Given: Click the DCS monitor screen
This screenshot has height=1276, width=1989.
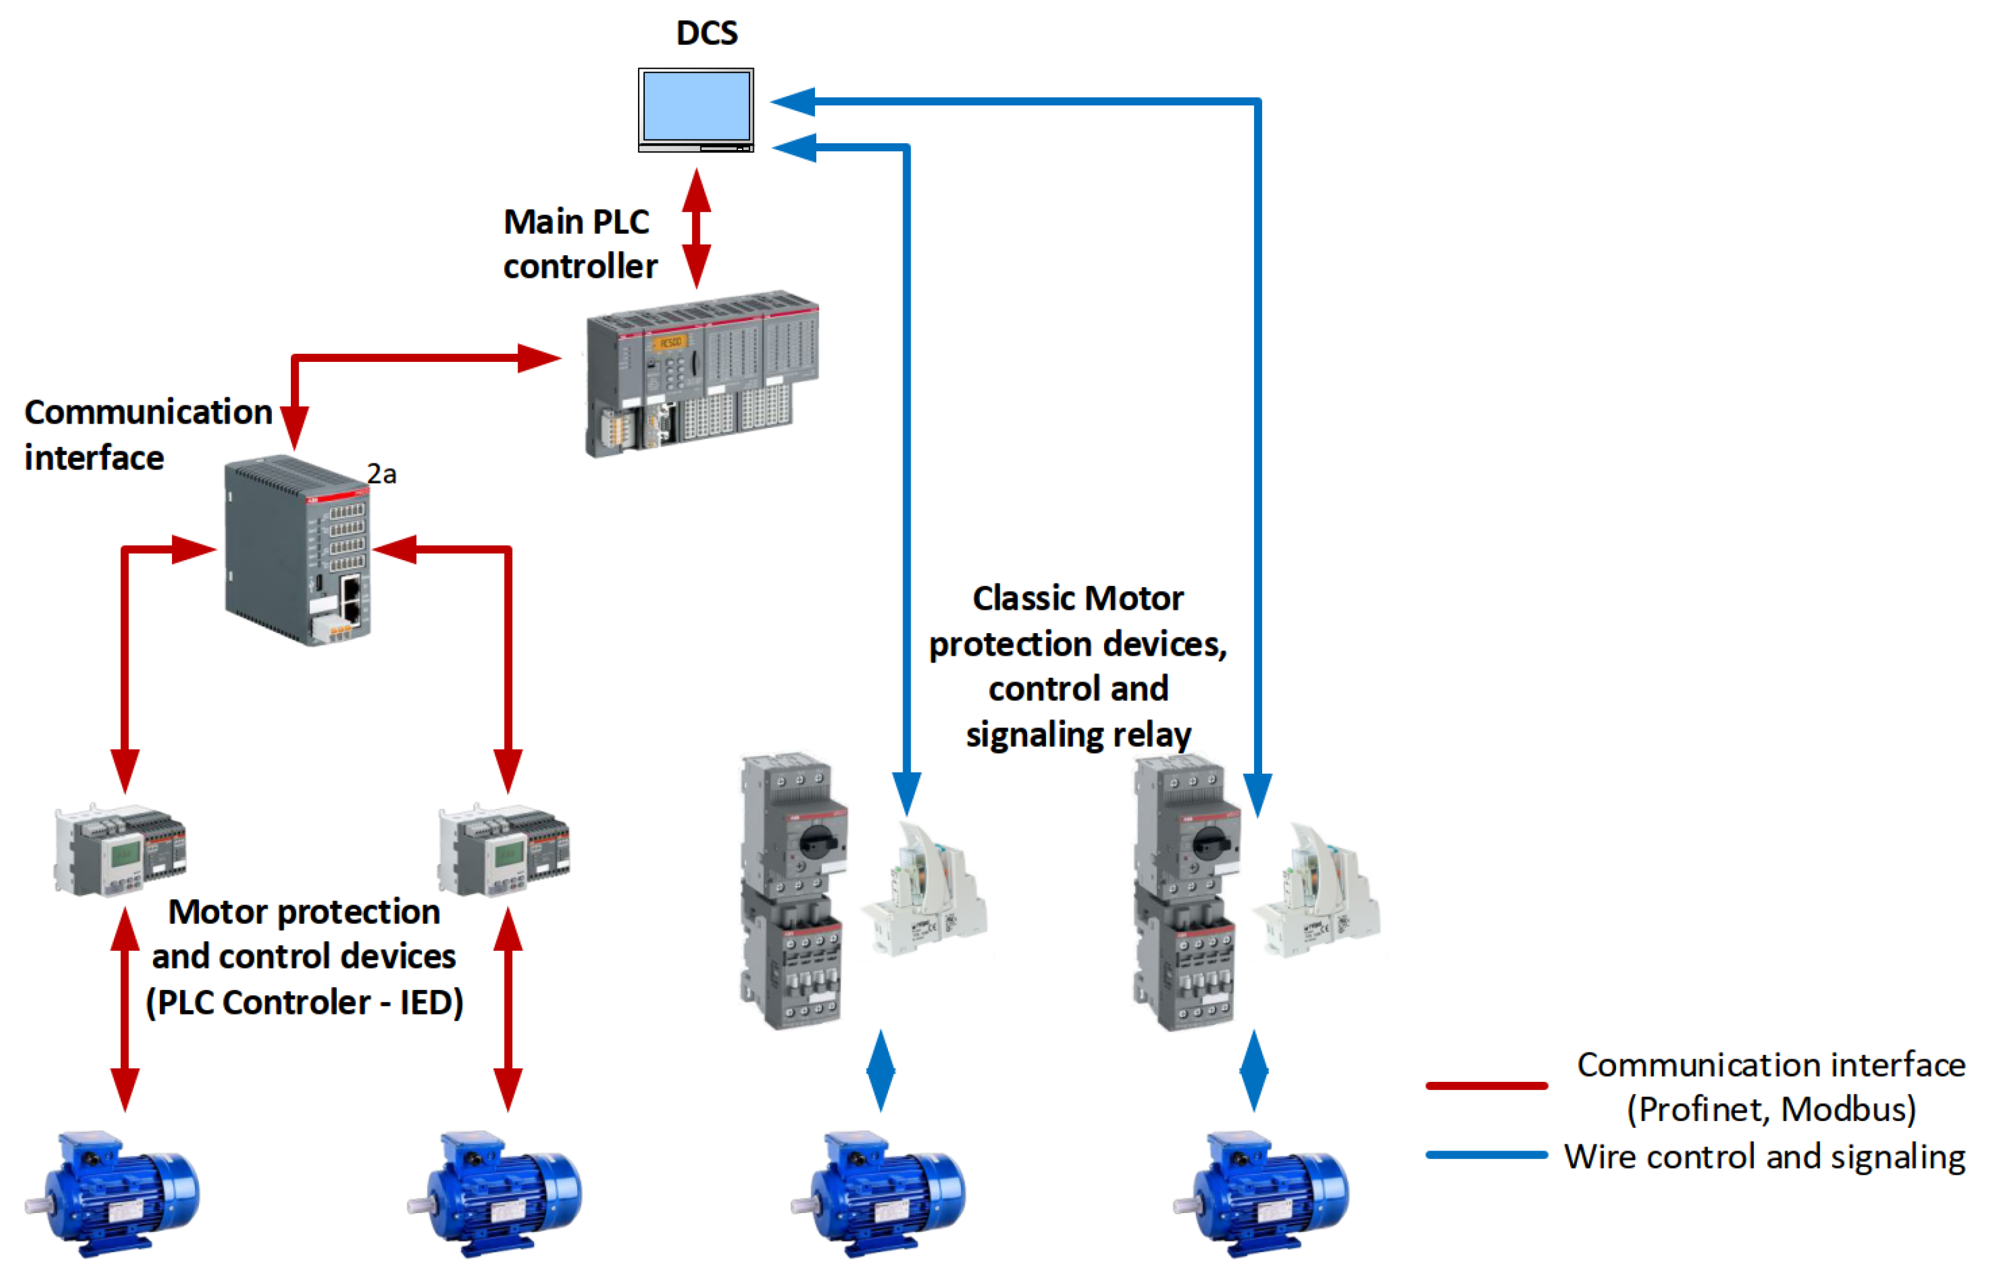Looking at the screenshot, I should (696, 106).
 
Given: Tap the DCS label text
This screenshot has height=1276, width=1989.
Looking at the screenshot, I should (706, 33).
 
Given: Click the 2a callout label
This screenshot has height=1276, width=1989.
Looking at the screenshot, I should (382, 474).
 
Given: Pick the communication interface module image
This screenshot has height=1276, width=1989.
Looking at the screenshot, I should (298, 551).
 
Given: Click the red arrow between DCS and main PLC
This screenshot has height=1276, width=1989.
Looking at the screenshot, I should (696, 228).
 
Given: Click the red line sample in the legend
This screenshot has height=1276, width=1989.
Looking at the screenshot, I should (1486, 1086).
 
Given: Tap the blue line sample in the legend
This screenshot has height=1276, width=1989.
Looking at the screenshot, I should (1486, 1155).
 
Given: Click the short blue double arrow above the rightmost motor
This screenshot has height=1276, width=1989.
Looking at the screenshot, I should (1254, 1071).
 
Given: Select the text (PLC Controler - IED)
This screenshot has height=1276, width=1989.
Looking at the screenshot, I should (304, 1002).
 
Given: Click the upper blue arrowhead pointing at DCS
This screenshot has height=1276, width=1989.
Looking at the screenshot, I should (794, 101).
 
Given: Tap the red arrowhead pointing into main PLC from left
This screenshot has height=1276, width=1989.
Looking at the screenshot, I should (539, 359).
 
